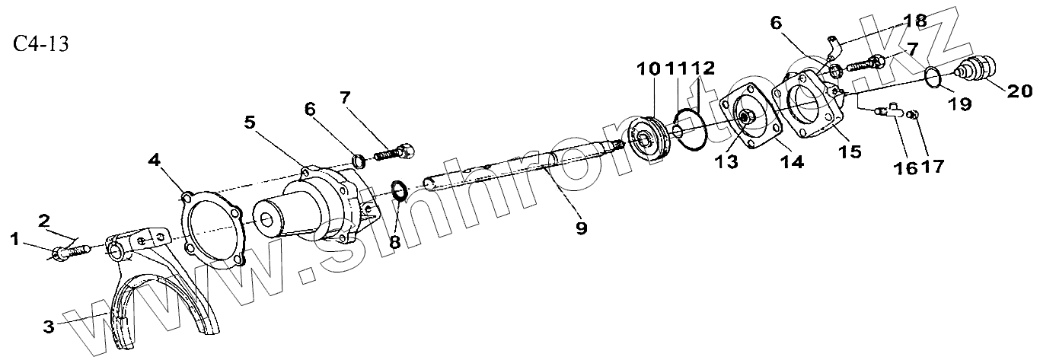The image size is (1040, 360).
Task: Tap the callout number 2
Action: pyautogui.click(x=45, y=221)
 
